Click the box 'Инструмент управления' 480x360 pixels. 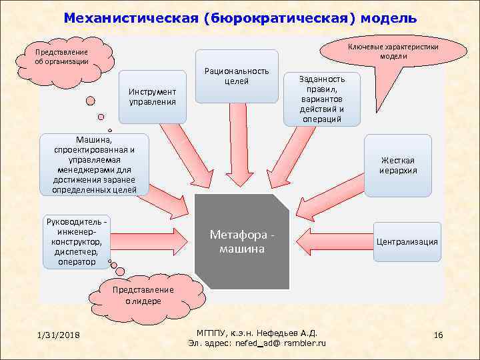click(x=153, y=97)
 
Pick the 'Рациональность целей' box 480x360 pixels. click(x=237, y=76)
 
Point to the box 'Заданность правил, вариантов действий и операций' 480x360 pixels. click(x=321, y=98)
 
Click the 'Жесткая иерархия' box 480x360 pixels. click(x=398, y=165)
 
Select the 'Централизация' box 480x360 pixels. click(x=407, y=241)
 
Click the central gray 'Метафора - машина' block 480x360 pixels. click(x=242, y=242)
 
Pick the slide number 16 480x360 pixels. click(x=438, y=334)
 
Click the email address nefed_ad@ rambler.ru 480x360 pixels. click(x=257, y=343)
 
